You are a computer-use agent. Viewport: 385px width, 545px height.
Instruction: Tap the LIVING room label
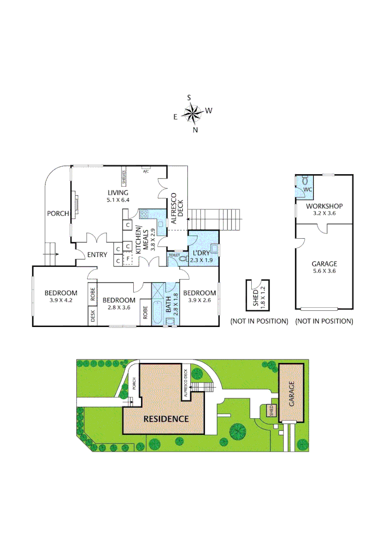pyautogui.click(x=118, y=192)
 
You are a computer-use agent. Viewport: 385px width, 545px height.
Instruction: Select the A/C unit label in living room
pyautogui.click(x=146, y=172)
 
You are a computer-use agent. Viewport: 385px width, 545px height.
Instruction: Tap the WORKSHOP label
pyautogui.click(x=324, y=206)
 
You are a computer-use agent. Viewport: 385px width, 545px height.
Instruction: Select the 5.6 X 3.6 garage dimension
pyautogui.click(x=324, y=271)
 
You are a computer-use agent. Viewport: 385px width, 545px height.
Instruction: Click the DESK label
pyautogui.click(x=93, y=316)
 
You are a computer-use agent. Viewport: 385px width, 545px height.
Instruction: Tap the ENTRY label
pyautogui.click(x=97, y=254)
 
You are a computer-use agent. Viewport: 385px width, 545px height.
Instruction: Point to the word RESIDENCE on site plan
pyautogui.click(x=166, y=419)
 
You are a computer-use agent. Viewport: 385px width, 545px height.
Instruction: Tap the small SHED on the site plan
pyautogui.click(x=270, y=410)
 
